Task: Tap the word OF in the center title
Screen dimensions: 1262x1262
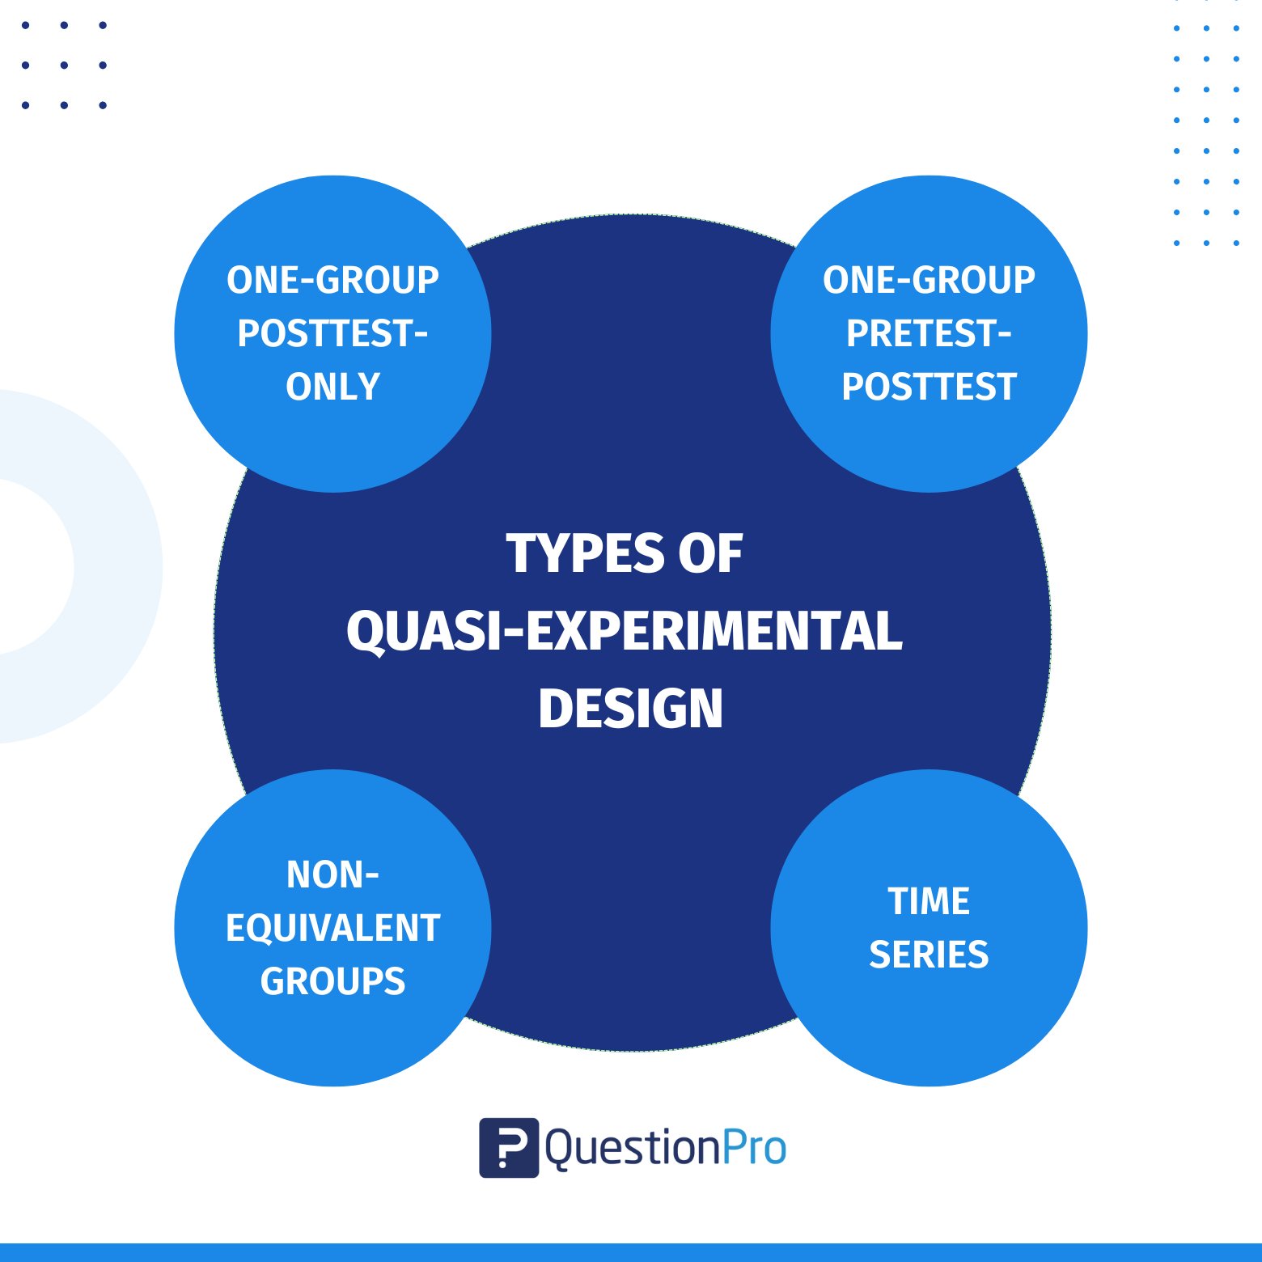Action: [x=710, y=554]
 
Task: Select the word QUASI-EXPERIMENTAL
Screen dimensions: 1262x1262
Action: [x=625, y=631]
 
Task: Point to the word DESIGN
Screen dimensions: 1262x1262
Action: [x=630, y=709]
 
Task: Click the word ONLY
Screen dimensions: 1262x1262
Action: [x=332, y=387]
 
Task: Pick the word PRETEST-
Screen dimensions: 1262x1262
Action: [x=929, y=333]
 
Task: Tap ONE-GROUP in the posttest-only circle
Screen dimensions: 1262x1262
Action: [x=332, y=280]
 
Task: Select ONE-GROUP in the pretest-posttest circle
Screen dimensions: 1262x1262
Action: [x=929, y=280]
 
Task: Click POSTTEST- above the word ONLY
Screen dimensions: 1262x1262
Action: [x=332, y=333]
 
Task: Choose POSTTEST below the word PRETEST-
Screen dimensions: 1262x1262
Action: [x=929, y=387]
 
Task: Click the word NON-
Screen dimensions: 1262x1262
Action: [x=332, y=875]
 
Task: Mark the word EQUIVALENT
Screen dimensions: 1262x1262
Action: [x=332, y=928]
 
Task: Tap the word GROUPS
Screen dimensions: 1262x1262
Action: [x=332, y=981]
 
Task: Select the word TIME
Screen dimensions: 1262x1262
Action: [x=929, y=901]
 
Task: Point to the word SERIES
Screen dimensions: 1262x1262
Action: [x=929, y=955]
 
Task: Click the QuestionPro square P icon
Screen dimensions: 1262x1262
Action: [x=509, y=1147]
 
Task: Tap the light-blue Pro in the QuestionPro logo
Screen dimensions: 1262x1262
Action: [x=753, y=1148]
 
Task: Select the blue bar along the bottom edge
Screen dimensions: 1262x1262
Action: [x=631, y=1252]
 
